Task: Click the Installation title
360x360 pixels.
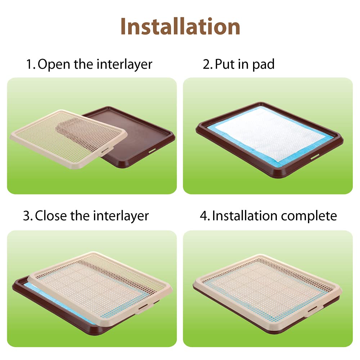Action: coord(180,26)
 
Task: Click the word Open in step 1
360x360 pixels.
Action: coord(54,64)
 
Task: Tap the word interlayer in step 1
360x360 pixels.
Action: coord(125,64)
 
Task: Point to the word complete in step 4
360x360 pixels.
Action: coord(309,216)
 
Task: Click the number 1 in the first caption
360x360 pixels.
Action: coord(30,65)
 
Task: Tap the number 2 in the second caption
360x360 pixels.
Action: coord(206,65)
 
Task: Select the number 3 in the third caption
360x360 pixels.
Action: coord(27,216)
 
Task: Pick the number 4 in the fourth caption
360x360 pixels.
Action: coord(204,216)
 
